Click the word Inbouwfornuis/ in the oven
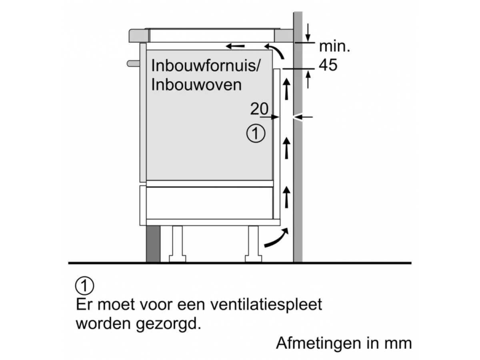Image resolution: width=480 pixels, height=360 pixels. [206, 65]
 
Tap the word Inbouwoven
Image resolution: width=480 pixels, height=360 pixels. [196, 84]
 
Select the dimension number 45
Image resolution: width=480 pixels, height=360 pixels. [328, 65]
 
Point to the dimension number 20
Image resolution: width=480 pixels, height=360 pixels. [259, 108]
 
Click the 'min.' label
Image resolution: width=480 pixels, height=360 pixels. [334, 46]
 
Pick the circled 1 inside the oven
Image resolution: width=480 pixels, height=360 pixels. [256, 133]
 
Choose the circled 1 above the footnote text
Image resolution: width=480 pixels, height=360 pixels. [84, 286]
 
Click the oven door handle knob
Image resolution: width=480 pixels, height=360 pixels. [133, 64]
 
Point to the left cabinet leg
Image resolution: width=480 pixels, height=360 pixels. [177, 244]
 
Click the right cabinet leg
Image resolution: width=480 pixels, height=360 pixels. [253, 244]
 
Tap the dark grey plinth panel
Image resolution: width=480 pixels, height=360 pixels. [153, 244]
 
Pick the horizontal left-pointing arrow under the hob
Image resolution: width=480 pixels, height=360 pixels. [235, 46]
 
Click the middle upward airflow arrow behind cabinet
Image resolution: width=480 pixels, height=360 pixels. [286, 148]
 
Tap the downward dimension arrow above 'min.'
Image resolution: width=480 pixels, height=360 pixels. [308, 33]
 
